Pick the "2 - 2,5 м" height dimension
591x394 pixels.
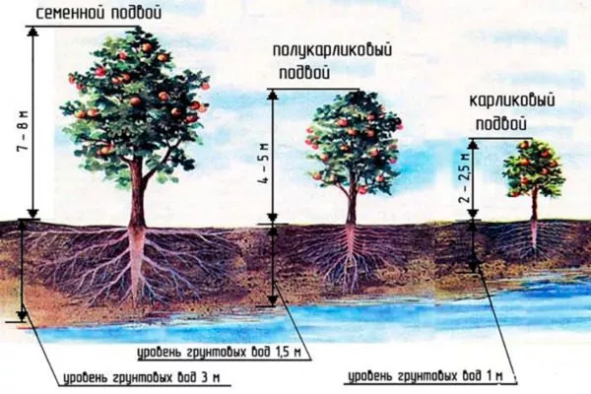pyautogui.click(x=463, y=180)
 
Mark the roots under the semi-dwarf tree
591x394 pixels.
pyautogui.click(x=349, y=256)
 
